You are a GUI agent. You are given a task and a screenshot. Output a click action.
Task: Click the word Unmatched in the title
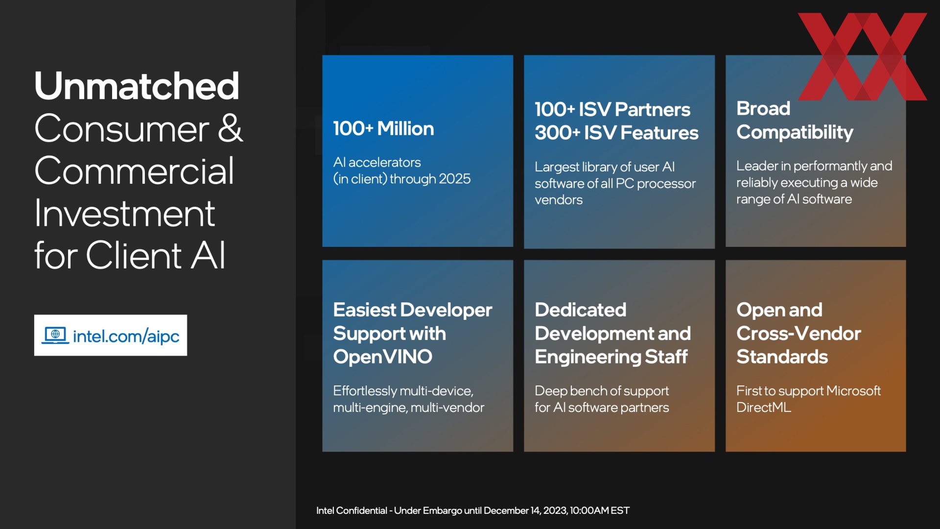pyautogui.click(x=137, y=86)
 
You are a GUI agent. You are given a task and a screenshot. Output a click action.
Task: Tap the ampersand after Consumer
pyautogui.click(x=230, y=128)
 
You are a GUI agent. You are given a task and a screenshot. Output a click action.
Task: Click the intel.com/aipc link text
pyautogui.click(x=126, y=336)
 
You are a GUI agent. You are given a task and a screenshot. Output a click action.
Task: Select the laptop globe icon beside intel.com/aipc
pyautogui.click(x=55, y=335)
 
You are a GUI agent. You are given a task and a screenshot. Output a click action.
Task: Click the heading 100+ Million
pyautogui.click(x=383, y=129)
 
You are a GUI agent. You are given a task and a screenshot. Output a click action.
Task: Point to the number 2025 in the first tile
pyautogui.click(x=454, y=179)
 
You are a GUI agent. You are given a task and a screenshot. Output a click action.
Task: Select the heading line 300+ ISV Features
pyautogui.click(x=616, y=133)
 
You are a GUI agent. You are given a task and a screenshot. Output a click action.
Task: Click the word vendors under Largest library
pyautogui.click(x=559, y=200)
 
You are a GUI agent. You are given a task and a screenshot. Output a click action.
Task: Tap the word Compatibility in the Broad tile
pyautogui.click(x=795, y=133)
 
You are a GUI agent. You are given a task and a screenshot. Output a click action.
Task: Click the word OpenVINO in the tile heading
pyautogui.click(x=383, y=357)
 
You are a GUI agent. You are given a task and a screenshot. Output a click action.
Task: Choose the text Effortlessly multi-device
pyautogui.click(x=403, y=391)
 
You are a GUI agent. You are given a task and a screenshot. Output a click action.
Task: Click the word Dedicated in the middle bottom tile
pyautogui.click(x=580, y=310)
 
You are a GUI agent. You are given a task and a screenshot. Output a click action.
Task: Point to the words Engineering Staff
pyautogui.click(x=611, y=357)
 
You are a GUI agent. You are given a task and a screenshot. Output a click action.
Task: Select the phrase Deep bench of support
pyautogui.click(x=602, y=391)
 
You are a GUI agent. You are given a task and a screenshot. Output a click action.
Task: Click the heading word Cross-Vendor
pyautogui.click(x=799, y=334)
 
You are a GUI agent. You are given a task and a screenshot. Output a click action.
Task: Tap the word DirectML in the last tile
pyautogui.click(x=764, y=408)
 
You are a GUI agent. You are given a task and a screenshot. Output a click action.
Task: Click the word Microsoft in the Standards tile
pyautogui.click(x=853, y=391)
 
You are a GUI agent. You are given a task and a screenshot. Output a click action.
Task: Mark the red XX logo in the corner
pyautogui.click(x=862, y=56)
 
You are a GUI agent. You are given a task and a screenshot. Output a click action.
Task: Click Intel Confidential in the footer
pyautogui.click(x=352, y=510)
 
